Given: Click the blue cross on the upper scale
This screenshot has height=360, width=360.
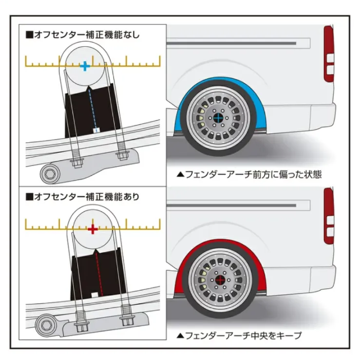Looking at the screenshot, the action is pyautogui.click(x=85, y=66).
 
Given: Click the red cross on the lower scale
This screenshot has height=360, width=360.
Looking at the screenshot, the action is pyautogui.click(x=93, y=229).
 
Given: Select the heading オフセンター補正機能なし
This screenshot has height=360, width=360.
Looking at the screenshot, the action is pyautogui.click(x=83, y=35).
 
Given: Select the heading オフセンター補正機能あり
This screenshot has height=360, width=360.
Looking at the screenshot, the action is pyautogui.click(x=83, y=197).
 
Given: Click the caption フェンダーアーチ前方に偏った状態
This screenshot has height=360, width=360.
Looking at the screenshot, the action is pyautogui.click(x=249, y=175).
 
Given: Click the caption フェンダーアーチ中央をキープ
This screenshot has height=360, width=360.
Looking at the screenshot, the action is pyautogui.click(x=239, y=336).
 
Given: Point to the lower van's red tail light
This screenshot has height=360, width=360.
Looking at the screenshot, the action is pyautogui.click(x=329, y=216).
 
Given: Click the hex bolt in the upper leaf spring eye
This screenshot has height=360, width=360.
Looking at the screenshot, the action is pyautogui.click(x=49, y=174).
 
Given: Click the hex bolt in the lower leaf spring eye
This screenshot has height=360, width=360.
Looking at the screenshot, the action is pyautogui.click(x=46, y=325).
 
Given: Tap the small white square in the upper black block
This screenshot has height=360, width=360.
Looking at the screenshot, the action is pyautogui.click(x=96, y=131).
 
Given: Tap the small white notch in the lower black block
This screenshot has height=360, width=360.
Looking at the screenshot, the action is pyautogui.click(x=95, y=295).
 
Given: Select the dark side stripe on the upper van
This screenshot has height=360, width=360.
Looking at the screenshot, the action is pyautogui.click(x=231, y=43).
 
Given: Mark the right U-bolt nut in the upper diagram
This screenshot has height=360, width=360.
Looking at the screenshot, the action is pyautogui.click(x=122, y=155).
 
